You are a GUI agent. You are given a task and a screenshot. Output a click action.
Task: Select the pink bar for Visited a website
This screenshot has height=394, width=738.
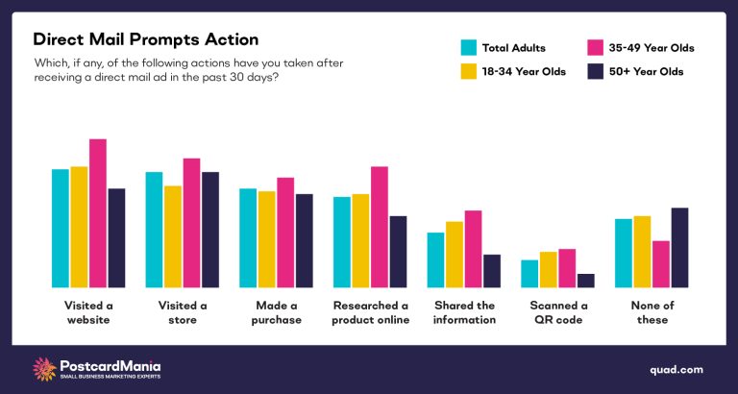pyautogui.click(x=98, y=212)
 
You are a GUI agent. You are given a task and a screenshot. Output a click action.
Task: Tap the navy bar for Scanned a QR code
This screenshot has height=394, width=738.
pyautogui.click(x=585, y=280)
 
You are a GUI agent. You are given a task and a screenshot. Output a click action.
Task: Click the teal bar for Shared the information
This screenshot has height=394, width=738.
pyautogui.click(x=435, y=259)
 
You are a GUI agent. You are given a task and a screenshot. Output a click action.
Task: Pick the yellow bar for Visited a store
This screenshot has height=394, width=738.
pyautogui.click(x=173, y=235)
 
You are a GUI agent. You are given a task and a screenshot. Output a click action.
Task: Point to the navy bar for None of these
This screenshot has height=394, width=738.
pyautogui.click(x=679, y=247)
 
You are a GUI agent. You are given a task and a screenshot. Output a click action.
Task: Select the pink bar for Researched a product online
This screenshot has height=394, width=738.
pyautogui.click(x=380, y=227)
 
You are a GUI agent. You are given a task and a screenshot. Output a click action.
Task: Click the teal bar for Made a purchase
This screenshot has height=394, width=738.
pyautogui.click(x=248, y=237)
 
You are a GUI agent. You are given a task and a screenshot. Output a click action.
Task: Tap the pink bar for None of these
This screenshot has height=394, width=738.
pyautogui.click(x=660, y=263)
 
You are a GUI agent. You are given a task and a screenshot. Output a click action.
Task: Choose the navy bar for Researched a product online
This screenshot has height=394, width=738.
pyautogui.click(x=398, y=251)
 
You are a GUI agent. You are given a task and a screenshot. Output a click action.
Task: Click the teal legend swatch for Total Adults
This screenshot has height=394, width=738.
pyautogui.click(x=469, y=46)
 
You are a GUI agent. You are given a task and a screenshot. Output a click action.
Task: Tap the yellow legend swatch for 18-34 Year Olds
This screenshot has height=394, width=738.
pyautogui.click(x=469, y=71)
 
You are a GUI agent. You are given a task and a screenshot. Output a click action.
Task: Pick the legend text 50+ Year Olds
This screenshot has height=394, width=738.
pyautogui.click(x=651, y=71)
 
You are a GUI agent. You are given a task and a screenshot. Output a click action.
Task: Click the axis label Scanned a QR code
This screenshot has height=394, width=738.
pyautogui.click(x=557, y=312)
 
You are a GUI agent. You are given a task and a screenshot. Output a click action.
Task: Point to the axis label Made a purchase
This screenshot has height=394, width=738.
pyautogui.click(x=277, y=312)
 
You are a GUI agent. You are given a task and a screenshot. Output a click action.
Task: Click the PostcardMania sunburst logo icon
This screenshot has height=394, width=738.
pyautogui.click(x=43, y=369)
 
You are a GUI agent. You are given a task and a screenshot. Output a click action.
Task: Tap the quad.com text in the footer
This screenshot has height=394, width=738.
pyautogui.click(x=676, y=369)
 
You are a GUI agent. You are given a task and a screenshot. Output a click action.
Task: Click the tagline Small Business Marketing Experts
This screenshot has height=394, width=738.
pyautogui.click(x=110, y=378)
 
